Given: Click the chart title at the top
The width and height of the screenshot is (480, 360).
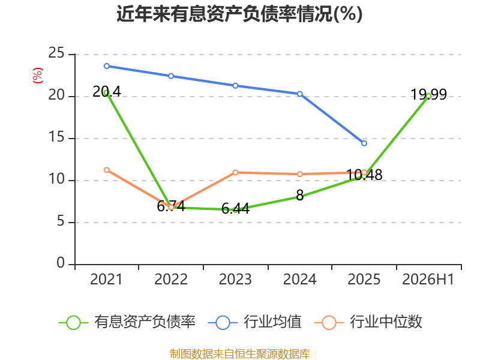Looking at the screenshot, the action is coord(239,14).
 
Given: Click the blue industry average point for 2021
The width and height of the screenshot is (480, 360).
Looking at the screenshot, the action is coord(107,66).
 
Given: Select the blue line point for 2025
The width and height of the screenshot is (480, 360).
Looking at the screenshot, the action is coord(364,143).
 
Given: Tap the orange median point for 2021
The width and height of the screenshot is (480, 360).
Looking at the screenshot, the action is coord(107,170).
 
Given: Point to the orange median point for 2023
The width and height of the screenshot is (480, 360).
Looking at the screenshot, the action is coord(235,173).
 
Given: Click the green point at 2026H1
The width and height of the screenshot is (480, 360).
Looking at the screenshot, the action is coord(428,96).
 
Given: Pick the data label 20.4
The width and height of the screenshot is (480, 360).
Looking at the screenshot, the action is coord(107,92).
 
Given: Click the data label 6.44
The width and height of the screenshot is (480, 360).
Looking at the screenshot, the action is coord(235,208).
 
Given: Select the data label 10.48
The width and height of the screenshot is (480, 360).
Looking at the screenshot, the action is coord(364,175).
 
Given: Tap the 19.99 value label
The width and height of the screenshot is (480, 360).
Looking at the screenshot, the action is coord(428,94).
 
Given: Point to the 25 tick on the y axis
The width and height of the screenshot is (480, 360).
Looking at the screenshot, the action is coord(56,53).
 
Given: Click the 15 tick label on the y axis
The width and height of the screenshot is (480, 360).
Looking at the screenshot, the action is coord(56,137).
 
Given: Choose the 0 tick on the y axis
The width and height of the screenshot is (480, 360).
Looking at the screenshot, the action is coord(61,263).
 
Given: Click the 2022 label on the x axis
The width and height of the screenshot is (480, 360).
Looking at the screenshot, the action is coord(171,280).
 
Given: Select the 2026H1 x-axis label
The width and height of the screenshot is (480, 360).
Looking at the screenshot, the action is coord(428,280).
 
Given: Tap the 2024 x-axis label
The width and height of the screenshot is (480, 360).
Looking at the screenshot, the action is coord(299,280).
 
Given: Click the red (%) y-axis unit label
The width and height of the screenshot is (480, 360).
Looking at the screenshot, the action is coord(38,76).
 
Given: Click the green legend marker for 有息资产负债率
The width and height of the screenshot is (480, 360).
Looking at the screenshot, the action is coord(73,323).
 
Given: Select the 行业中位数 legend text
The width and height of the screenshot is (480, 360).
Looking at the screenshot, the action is coord(386,322).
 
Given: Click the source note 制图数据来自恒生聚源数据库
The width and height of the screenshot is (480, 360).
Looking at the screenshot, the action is coord(239,354).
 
